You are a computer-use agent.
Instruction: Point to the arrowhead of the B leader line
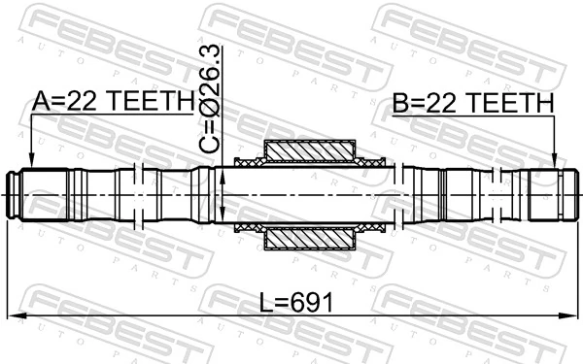554,165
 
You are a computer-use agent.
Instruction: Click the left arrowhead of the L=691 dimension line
14,316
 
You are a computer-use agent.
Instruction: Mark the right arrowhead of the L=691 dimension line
570,316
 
